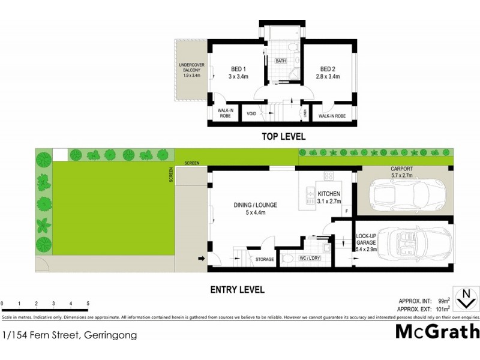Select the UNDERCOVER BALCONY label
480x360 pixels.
(x=190, y=70)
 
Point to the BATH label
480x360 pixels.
(x=281, y=61)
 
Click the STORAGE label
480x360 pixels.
(x=265, y=260)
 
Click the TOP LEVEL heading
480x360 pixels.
(x=283, y=137)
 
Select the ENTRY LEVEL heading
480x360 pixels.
(x=237, y=290)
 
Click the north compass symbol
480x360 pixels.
(x=464, y=297)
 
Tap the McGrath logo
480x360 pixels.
(x=437, y=331)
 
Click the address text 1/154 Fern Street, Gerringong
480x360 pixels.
(x=69, y=335)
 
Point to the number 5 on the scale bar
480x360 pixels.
(x=88, y=304)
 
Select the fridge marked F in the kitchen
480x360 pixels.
(x=346, y=211)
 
